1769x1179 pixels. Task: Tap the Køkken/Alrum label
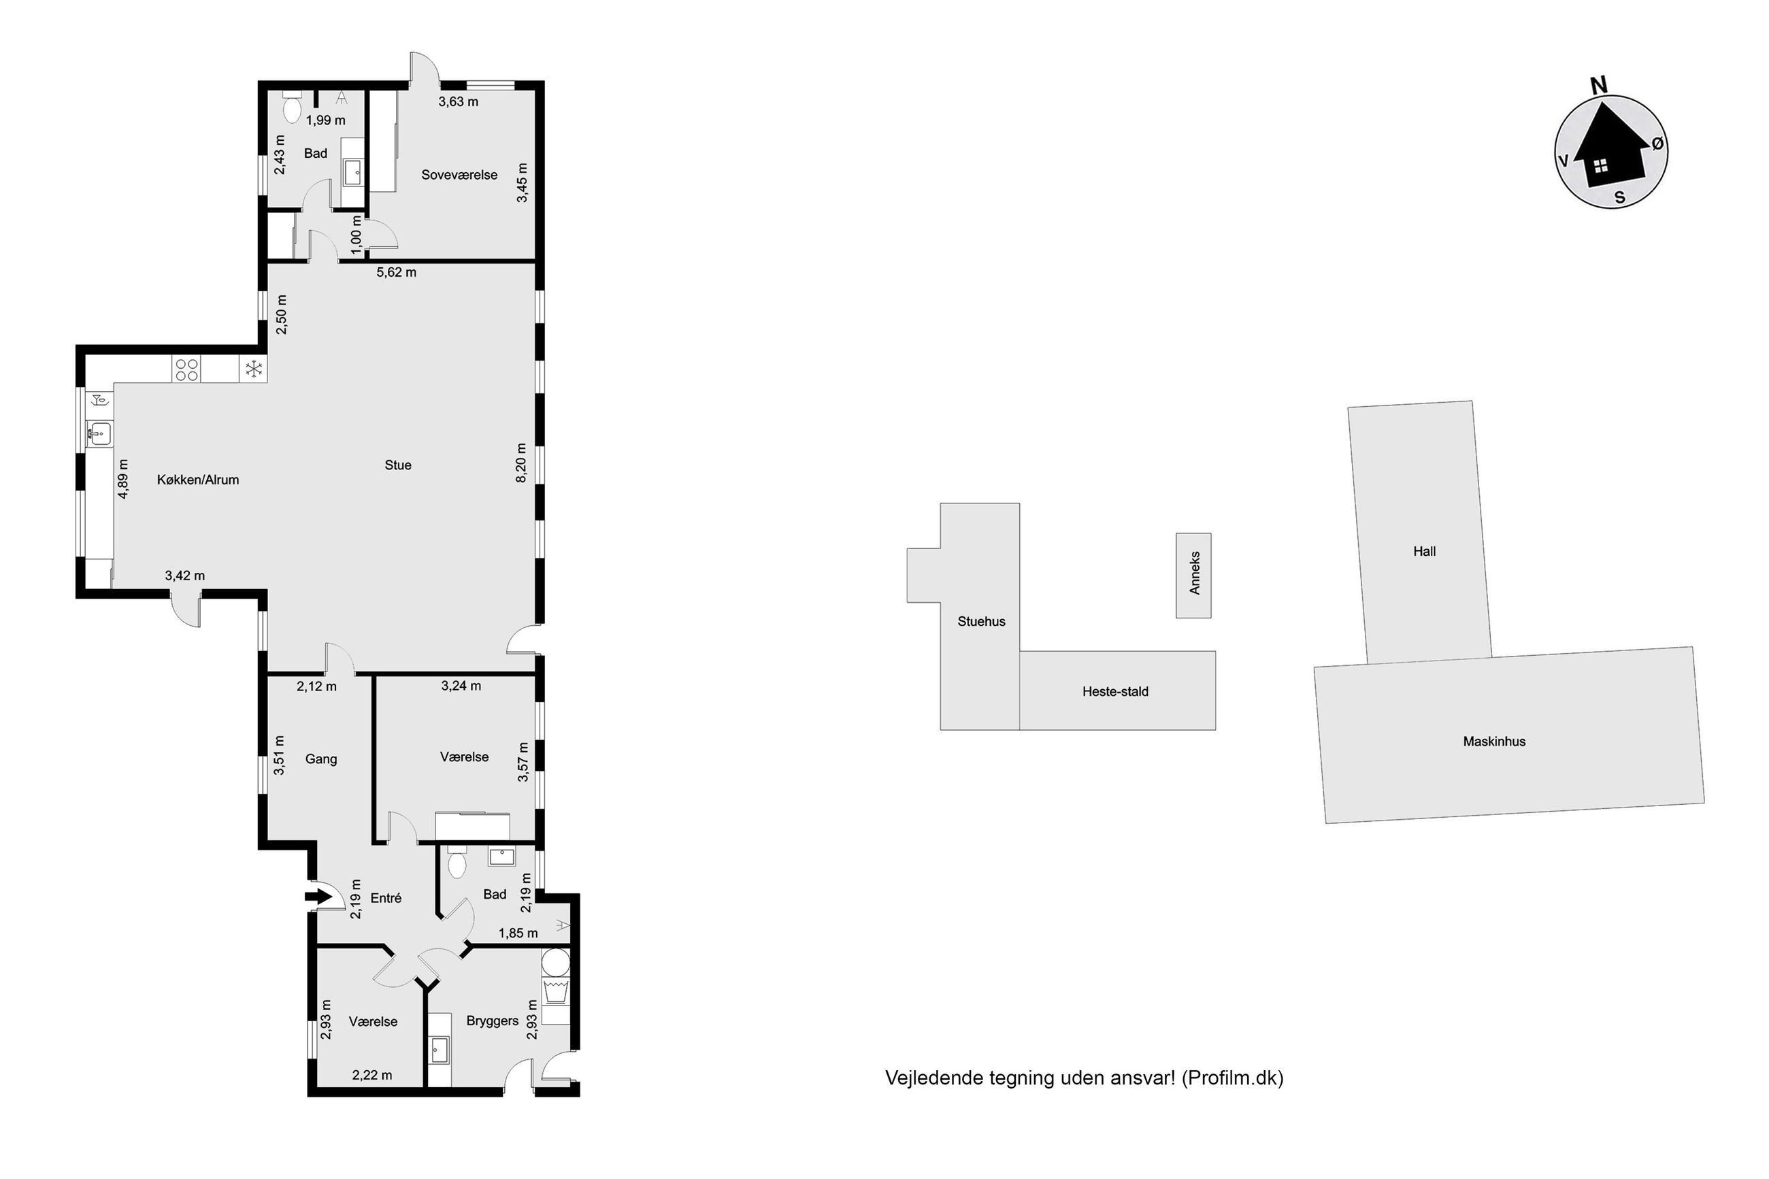pyautogui.click(x=198, y=480)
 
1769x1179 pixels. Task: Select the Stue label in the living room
pyautogui.click(x=398, y=465)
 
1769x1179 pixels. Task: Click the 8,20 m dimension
pyautogui.click(x=521, y=463)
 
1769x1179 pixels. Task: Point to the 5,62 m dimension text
pyautogui.click(x=396, y=272)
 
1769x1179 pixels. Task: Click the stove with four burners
pyautogui.click(x=186, y=369)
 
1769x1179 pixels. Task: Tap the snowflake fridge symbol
pyautogui.click(x=253, y=369)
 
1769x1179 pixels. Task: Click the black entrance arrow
pyautogui.click(x=319, y=896)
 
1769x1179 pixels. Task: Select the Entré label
pyautogui.click(x=386, y=899)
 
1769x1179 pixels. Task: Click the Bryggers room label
pyautogui.click(x=493, y=1021)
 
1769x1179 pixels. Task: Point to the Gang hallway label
pyautogui.click(x=321, y=759)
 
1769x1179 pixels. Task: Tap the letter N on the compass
pyautogui.click(x=1599, y=86)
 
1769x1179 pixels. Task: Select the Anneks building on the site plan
pyautogui.click(x=1193, y=576)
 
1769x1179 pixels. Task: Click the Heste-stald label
pyautogui.click(x=1115, y=692)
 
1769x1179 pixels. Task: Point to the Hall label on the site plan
pyautogui.click(x=1424, y=551)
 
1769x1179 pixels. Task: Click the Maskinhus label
pyautogui.click(x=1494, y=742)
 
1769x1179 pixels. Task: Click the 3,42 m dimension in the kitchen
pyautogui.click(x=185, y=576)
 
